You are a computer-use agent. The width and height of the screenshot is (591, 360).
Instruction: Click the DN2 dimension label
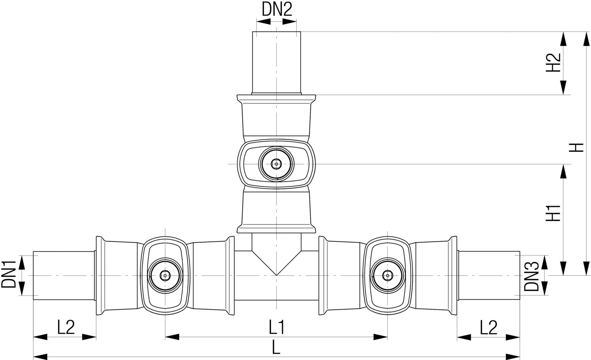coord(277,10)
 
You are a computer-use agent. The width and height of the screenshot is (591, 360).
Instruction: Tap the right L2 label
coord(489,327)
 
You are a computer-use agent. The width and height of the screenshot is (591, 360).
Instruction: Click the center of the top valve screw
coord(276,163)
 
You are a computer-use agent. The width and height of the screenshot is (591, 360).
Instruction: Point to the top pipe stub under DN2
coord(276,62)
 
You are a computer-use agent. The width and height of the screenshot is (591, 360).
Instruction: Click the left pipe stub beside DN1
coord(64,275)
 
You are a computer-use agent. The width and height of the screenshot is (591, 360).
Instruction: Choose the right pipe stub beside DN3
coord(489,275)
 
